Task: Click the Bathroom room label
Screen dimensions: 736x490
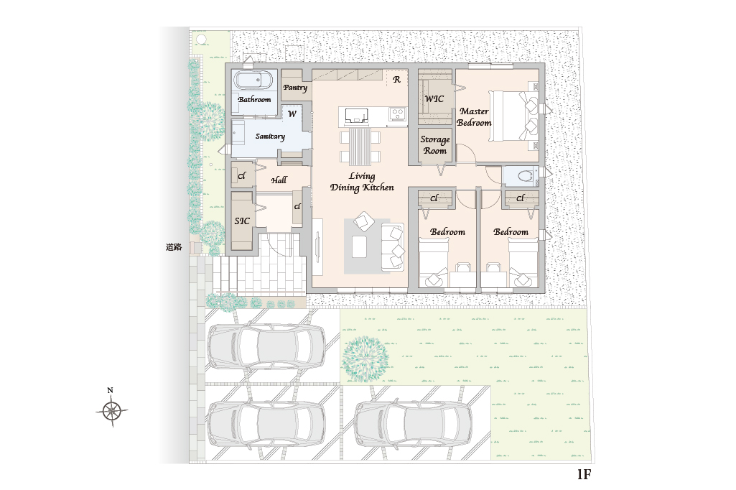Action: pos(254,99)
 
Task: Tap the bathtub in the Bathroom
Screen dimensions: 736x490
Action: pos(253,80)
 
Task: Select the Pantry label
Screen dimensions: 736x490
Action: pos(295,88)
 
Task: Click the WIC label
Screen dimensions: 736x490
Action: pos(434,98)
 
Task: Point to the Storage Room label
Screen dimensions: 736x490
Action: pos(434,145)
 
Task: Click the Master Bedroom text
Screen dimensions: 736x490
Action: pos(474,117)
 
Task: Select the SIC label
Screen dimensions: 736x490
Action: pos(242,221)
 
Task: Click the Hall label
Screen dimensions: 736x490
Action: pos(279,180)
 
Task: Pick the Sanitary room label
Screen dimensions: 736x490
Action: pos(270,137)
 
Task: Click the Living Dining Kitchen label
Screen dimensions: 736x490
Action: pos(362,182)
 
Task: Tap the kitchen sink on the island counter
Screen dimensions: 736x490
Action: pos(356,115)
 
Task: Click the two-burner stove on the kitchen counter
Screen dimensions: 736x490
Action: pos(398,114)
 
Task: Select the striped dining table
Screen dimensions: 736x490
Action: pos(360,146)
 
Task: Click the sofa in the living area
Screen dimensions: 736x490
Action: pos(392,247)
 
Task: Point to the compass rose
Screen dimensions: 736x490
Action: pos(112,411)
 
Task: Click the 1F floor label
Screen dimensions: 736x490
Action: pos(584,474)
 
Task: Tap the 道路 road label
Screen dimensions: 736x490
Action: pos(174,247)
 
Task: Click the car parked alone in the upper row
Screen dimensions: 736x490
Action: pos(266,346)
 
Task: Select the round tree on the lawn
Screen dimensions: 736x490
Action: pos(365,359)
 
